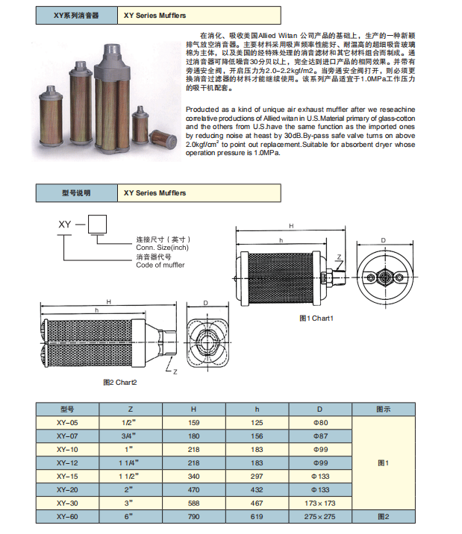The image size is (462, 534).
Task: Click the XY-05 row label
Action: click(x=67, y=421)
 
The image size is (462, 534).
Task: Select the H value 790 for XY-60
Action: click(x=193, y=515)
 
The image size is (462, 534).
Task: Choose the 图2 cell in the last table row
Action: click(x=384, y=515)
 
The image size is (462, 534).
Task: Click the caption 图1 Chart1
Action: click(x=316, y=318)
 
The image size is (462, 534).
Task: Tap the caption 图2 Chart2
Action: click(x=119, y=382)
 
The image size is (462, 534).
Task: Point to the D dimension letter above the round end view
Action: click(x=383, y=240)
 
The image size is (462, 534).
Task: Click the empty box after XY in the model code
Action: click(x=97, y=223)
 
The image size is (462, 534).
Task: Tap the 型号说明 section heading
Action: click(x=75, y=192)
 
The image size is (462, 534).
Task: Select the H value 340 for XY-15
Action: click(x=193, y=475)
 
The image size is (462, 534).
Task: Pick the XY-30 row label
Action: click(x=67, y=502)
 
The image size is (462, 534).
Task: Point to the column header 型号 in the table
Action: click(x=67, y=409)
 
